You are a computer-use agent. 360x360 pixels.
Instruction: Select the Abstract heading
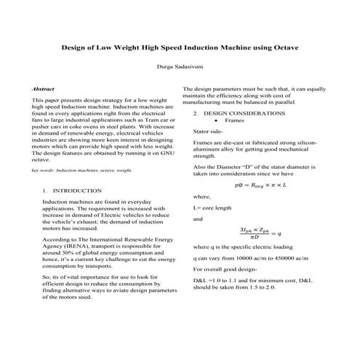pos(44,88)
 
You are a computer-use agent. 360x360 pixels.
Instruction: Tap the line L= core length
pos(212,208)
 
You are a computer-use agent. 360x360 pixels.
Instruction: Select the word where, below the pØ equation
pos(201,196)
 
